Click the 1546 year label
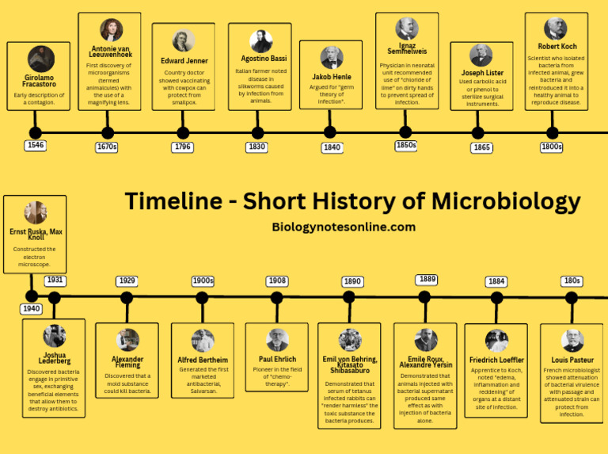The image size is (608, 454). pyautogui.click(x=35, y=146)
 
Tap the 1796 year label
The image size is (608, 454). pyautogui.click(x=183, y=147)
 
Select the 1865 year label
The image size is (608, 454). pyautogui.click(x=481, y=147)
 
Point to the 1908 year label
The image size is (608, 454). pyautogui.click(x=276, y=281)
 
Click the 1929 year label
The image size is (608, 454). pyautogui.click(x=127, y=281)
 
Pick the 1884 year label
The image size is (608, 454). pyautogui.click(x=496, y=281)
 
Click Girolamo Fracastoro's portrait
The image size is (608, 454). pyautogui.click(x=41, y=59)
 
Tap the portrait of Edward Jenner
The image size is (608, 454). pyautogui.click(x=184, y=40)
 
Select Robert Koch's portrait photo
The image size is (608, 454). pyautogui.click(x=555, y=29)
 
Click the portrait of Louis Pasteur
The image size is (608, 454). pyautogui.click(x=572, y=341)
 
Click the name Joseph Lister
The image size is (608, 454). pyautogui.click(x=482, y=73)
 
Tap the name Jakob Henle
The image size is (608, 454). pyautogui.click(x=331, y=77)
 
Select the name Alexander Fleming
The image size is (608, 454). pyautogui.click(x=127, y=363)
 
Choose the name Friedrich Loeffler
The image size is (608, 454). pyautogui.click(x=496, y=360)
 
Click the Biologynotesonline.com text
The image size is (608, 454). pyautogui.click(x=344, y=227)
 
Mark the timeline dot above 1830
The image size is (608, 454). pyautogui.click(x=257, y=132)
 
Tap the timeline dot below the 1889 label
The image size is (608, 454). pyautogui.click(x=424, y=298)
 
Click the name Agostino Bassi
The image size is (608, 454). pyautogui.click(x=260, y=59)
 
